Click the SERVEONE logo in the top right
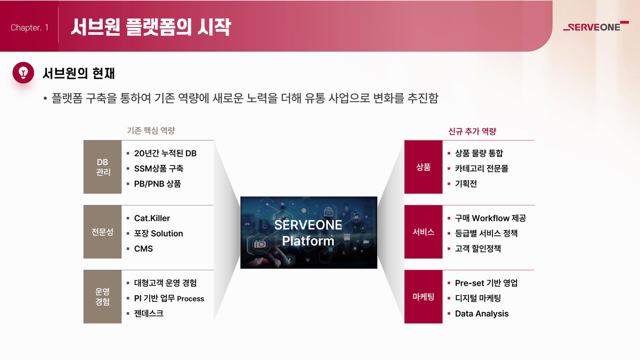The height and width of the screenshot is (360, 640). tap(596, 27)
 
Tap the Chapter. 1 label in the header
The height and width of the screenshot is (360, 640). tap(29, 27)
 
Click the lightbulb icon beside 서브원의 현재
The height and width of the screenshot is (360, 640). tap(23, 73)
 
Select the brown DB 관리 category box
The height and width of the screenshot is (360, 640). tap(102, 167)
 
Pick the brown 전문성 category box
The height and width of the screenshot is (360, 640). tap(102, 232)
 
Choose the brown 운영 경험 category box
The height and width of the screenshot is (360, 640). tap(102, 297)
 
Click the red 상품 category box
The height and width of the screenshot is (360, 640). tap(423, 167)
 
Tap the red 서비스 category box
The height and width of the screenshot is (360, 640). tap(423, 232)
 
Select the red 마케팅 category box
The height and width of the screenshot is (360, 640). tap(423, 297)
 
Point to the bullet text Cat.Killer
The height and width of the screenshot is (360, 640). tap(152, 218)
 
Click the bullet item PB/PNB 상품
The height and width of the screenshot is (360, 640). tap(157, 183)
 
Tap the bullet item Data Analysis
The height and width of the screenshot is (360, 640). tap(482, 314)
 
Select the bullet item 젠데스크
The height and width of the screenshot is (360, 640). tap(149, 313)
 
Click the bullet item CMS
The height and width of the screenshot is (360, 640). tap(144, 249)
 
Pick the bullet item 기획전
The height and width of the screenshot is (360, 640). tap(466, 183)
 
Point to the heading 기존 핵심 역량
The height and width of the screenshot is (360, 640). tap(151, 131)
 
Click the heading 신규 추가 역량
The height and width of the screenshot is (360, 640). tap(472, 131)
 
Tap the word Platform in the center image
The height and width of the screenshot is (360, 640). tap(308, 241)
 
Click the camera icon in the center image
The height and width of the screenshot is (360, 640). tap(260, 244)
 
